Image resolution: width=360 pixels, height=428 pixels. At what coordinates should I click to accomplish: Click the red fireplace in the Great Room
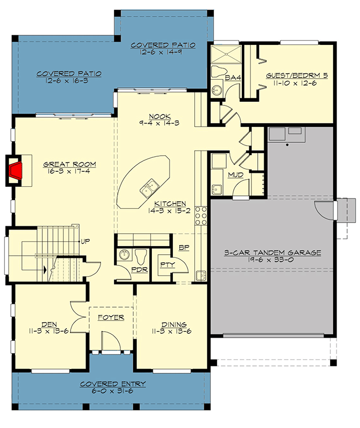click(x=16, y=171)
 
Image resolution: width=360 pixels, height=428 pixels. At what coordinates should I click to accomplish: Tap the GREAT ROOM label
click(x=70, y=164)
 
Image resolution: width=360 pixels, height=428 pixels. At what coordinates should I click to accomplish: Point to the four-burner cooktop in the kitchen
click(x=201, y=216)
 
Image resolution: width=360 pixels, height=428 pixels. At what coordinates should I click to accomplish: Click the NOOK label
click(x=160, y=116)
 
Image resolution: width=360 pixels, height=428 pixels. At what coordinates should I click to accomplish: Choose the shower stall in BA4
click(x=226, y=54)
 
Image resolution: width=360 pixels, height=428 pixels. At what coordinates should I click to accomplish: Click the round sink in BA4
click(x=217, y=89)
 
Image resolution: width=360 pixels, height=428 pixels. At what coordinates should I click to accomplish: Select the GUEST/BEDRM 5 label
click(x=297, y=75)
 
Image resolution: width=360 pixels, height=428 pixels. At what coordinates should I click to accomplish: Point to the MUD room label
click(x=235, y=175)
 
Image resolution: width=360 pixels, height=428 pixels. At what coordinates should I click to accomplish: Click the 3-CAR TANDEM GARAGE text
click(x=272, y=253)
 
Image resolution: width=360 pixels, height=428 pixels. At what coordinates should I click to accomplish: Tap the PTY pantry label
click(x=167, y=264)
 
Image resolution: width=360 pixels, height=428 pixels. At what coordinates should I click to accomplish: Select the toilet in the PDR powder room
click(x=141, y=257)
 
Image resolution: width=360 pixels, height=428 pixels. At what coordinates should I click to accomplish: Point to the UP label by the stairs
click(x=86, y=241)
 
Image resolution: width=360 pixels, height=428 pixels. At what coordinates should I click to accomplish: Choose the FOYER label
click(x=111, y=317)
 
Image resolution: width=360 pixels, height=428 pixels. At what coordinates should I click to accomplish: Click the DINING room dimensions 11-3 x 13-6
click(x=172, y=331)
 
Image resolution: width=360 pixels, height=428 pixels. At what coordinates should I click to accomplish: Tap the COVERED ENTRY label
click(x=113, y=384)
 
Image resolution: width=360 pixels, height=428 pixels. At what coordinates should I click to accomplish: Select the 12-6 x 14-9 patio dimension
click(x=161, y=52)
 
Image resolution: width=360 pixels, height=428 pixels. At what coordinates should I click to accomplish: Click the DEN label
click(x=49, y=325)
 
